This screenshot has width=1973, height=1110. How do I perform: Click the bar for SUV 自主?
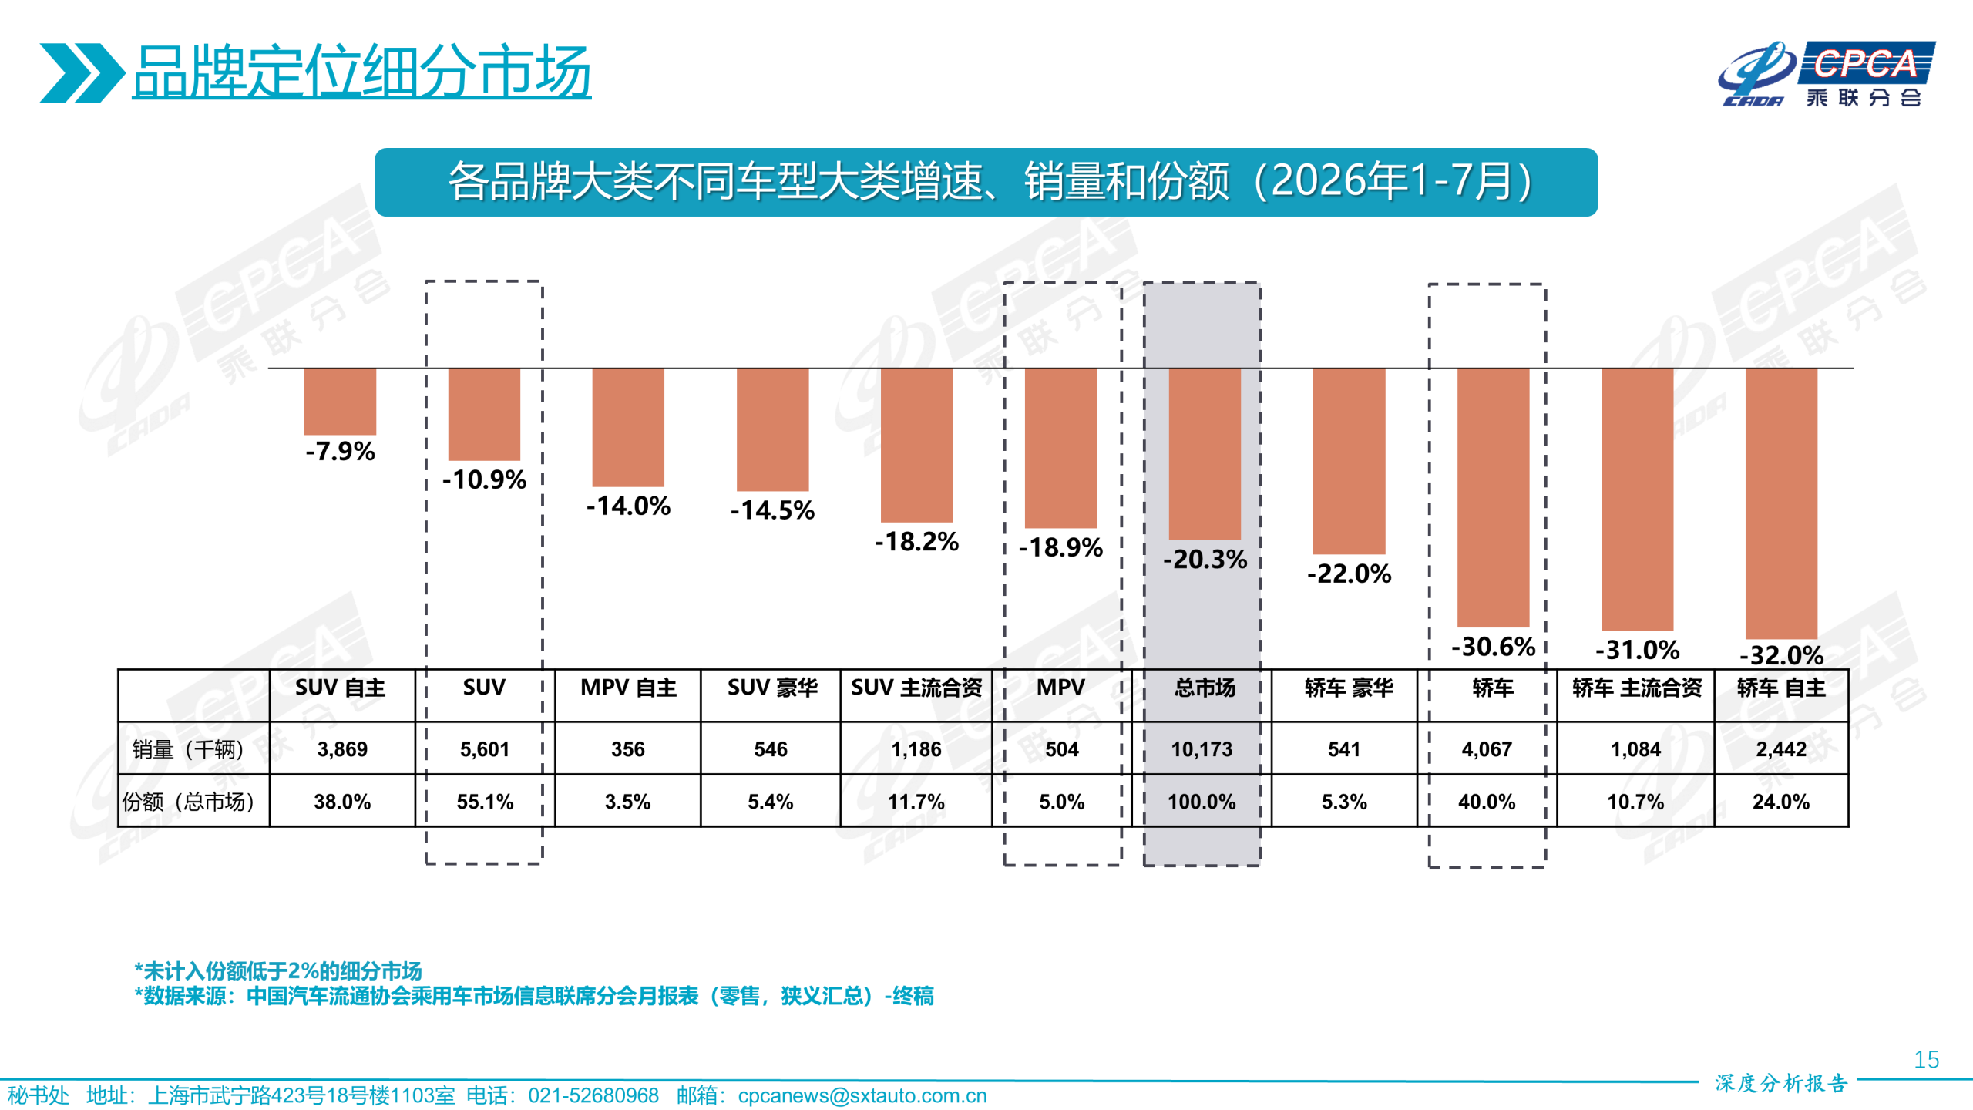(x=340, y=402)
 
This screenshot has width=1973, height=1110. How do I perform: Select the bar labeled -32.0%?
(x=1781, y=503)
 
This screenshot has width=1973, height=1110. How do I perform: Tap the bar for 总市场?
(x=1205, y=454)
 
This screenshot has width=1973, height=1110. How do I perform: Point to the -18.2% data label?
(x=916, y=542)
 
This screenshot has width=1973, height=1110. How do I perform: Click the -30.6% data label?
(x=1493, y=647)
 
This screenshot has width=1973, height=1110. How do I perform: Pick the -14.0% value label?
(x=628, y=506)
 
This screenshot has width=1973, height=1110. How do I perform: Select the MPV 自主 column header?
(x=628, y=688)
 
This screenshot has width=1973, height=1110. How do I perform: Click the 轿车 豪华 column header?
(x=1349, y=688)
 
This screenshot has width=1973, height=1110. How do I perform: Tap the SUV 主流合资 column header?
(x=916, y=688)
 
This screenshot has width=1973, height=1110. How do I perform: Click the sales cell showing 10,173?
(x=1202, y=749)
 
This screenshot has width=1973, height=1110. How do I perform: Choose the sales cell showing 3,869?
(x=342, y=749)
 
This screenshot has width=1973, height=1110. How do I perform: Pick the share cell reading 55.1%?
(x=485, y=802)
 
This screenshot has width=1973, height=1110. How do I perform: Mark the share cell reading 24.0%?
(x=1780, y=802)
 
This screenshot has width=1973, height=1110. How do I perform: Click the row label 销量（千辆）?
(x=188, y=749)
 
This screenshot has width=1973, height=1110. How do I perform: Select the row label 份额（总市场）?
(x=188, y=802)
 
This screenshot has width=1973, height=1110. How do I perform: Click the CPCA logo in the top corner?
(x=1827, y=74)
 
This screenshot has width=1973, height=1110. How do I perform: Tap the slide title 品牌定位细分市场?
(x=361, y=71)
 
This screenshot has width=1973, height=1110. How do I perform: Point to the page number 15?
(x=1926, y=1060)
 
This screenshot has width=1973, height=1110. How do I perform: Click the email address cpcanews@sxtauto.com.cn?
(x=862, y=1095)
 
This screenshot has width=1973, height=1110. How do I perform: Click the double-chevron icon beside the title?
(x=82, y=72)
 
